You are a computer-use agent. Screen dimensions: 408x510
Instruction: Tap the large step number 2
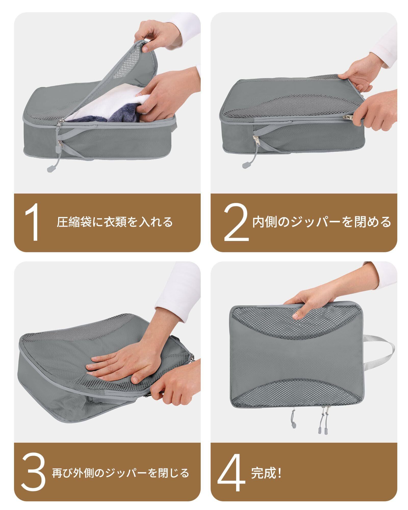click(x=236, y=222)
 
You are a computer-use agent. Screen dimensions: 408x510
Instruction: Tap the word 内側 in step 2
click(x=264, y=222)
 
